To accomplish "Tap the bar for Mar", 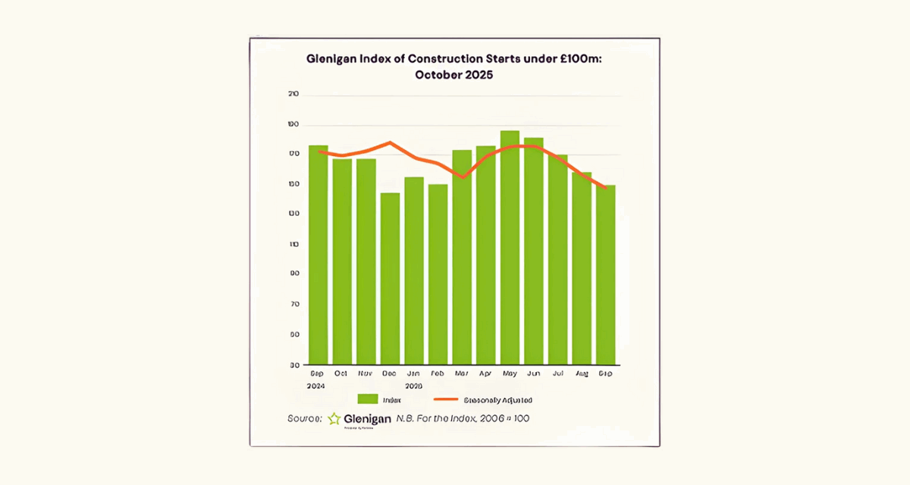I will pos(462,257).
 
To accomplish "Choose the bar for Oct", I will pos(342,261).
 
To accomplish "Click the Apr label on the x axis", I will pos(485,374).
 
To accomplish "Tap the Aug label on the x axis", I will pos(582,374).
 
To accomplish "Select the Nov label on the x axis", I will pos(366,374).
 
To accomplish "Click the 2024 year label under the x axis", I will pos(317,385).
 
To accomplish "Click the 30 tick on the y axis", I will pos(293,365).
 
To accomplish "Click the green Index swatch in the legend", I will pos(368,399).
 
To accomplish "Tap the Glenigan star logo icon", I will pos(334,419).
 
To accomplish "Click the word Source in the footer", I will pos(304,418).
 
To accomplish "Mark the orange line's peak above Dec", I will pos(390,142).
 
